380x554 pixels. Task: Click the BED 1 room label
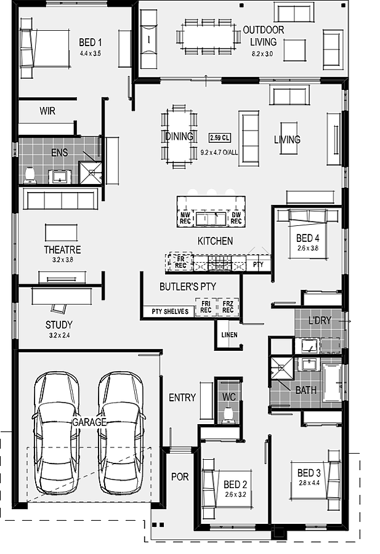pos(90,42)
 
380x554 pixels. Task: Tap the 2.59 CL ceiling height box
pos(220,137)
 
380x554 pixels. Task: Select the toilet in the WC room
pos(228,415)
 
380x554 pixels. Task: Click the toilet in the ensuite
pos(30,175)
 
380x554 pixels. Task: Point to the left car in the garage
pos(57,433)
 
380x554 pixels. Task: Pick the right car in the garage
pos(121,433)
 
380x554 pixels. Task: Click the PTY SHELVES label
pos(170,311)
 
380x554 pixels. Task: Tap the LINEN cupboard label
pos(229,335)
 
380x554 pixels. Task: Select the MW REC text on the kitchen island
pos(185,218)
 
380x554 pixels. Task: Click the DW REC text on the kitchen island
pos(236,218)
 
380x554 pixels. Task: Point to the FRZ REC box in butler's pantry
pos(228,307)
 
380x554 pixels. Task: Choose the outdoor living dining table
pos(208,36)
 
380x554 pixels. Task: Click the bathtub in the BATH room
pos(332,383)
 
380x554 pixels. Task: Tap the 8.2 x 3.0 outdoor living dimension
pos(262,54)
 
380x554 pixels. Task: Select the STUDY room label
pos(59,324)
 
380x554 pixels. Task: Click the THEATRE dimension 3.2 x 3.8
pos(63,260)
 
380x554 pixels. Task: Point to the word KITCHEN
pos(215,241)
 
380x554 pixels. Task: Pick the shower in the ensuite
pos(90,173)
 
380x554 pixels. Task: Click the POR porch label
pos(180,476)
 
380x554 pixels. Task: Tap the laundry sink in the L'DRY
pos(308,345)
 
